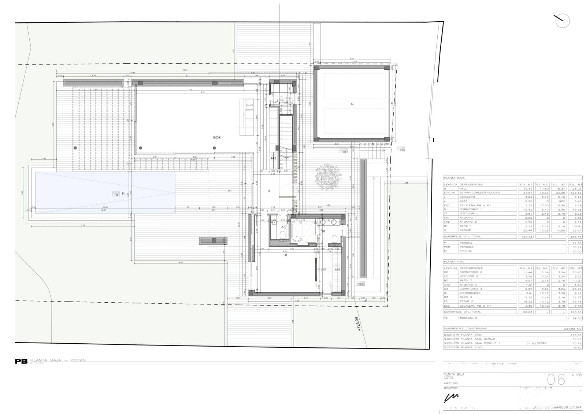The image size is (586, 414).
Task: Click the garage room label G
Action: [352, 104]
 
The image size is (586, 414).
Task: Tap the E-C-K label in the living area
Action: [217, 138]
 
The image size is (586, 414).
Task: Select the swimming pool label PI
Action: [123, 193]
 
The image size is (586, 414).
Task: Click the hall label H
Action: [269, 191]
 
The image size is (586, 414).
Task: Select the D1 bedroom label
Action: [285, 255]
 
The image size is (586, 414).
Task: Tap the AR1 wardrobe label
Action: [337, 270]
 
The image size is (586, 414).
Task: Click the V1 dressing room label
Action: [324, 270]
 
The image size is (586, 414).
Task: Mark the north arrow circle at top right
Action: [562, 21]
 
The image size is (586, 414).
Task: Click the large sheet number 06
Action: [556, 380]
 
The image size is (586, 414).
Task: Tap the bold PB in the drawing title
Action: [21, 361]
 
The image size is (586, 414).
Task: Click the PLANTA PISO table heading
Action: [454, 262]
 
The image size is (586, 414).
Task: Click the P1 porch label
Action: [230, 191]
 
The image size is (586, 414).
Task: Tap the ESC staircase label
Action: [286, 159]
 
